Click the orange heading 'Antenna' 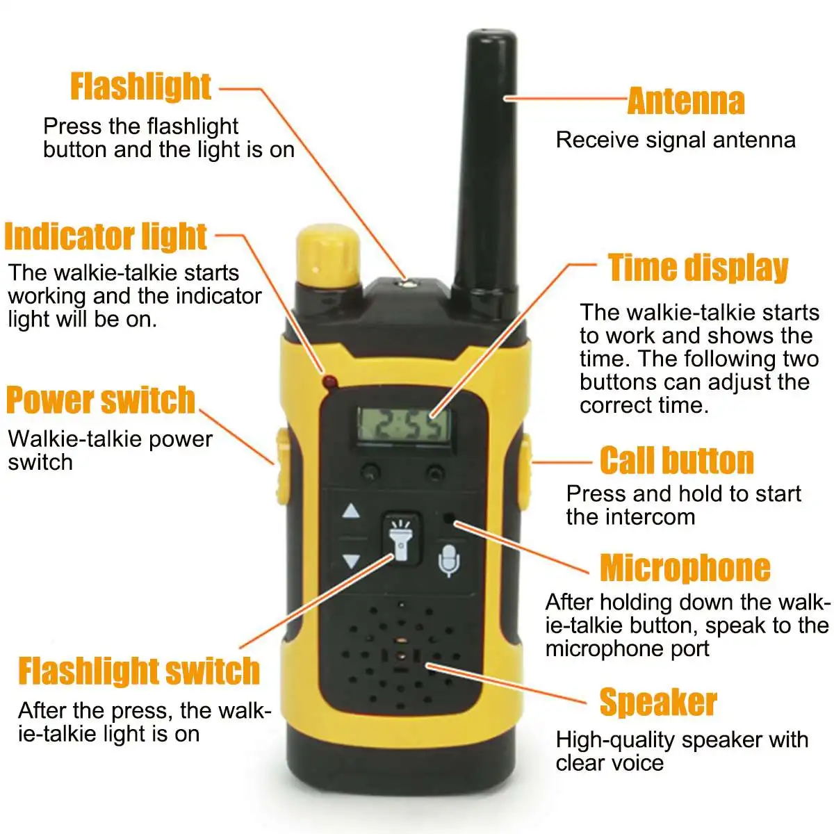[686, 101]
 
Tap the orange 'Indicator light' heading [106, 237]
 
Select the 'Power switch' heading [100, 400]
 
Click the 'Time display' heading [698, 268]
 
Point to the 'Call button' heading [677, 461]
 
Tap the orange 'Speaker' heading [658, 702]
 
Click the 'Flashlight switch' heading [139, 671]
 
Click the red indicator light [330, 382]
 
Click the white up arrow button [350, 511]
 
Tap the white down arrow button [351, 562]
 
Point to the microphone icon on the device [449, 560]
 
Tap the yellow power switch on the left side [283, 466]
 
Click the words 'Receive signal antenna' [676, 140]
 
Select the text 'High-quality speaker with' [682, 739]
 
